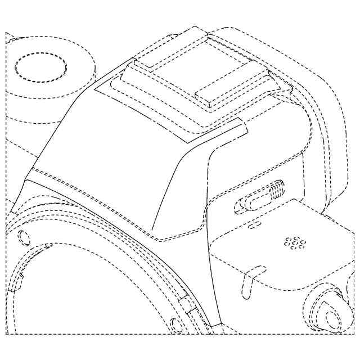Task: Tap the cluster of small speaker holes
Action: [294, 242]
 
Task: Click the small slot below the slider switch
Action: [254, 224]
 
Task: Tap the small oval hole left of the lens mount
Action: [24, 237]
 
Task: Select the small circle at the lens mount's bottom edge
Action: [175, 324]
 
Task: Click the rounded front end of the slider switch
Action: [241, 205]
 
